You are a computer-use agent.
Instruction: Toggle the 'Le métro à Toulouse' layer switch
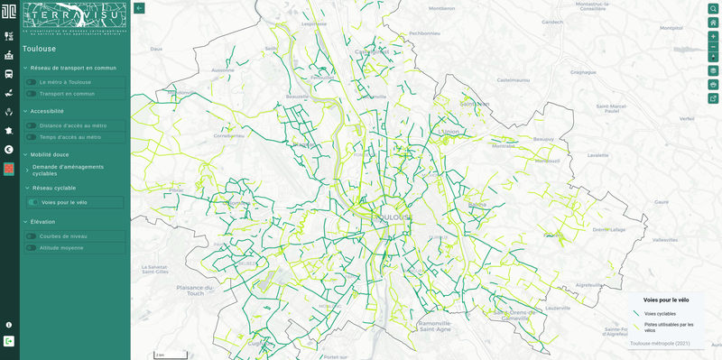[31, 82]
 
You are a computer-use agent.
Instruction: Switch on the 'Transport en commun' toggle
[31, 93]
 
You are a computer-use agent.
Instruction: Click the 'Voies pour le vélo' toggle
[33, 202]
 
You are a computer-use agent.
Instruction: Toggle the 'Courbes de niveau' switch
[31, 236]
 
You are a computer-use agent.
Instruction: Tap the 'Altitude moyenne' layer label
[63, 247]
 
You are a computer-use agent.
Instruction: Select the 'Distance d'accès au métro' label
[72, 125]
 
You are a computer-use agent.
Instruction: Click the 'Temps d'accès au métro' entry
[69, 137]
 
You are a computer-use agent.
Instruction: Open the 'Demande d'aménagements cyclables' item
[68, 170]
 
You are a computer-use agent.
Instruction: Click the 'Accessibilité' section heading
[47, 111]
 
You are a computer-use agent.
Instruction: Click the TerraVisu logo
[74, 18]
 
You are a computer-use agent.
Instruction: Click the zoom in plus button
[713, 36]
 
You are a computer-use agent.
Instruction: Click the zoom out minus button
[713, 46]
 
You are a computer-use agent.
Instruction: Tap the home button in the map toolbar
[713, 23]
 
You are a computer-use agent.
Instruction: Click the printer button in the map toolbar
[713, 84]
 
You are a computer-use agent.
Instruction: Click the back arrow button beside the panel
[139, 8]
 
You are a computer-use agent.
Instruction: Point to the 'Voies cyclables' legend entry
[660, 314]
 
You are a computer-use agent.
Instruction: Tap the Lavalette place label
[598, 154]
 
